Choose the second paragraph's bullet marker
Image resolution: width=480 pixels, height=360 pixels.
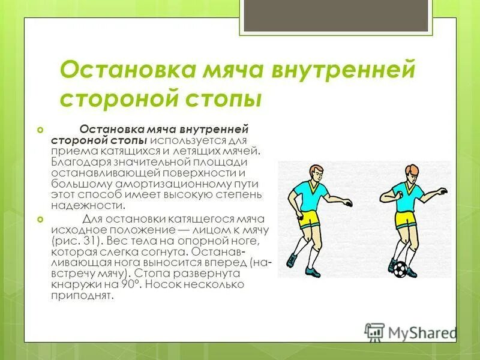click(40, 220)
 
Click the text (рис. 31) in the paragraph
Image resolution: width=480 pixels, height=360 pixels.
click(71, 241)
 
